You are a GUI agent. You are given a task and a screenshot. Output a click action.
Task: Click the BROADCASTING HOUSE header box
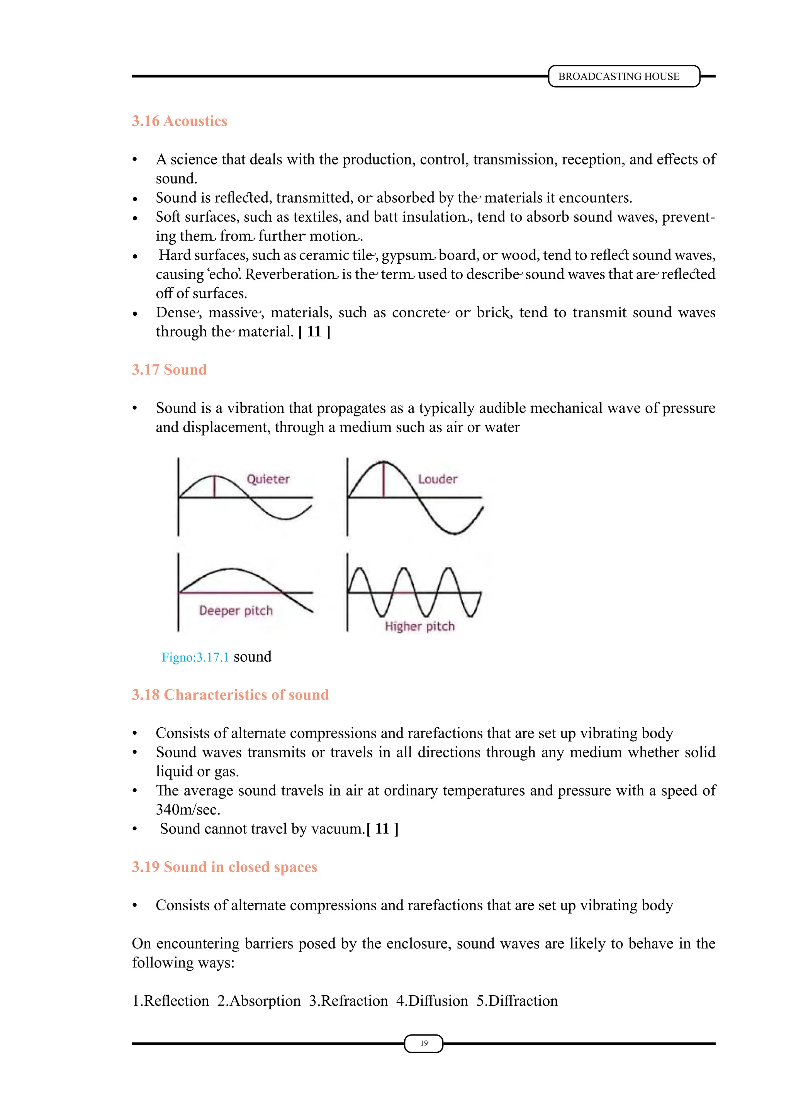[x=623, y=76]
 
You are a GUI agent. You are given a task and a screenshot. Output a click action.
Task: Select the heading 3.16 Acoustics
[x=179, y=121]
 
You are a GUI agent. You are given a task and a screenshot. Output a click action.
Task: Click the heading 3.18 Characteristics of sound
[x=230, y=695]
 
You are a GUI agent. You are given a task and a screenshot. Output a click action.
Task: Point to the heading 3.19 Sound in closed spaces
[x=224, y=867]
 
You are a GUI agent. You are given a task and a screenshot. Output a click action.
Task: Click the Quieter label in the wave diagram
[x=268, y=479]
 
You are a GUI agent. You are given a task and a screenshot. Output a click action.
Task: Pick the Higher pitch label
[x=419, y=626]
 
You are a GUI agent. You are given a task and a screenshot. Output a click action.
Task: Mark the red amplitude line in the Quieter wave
[x=214, y=486]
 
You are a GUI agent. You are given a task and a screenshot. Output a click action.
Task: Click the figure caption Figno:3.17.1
[x=195, y=657]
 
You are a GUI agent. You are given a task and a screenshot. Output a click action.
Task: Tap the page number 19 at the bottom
[x=424, y=1043]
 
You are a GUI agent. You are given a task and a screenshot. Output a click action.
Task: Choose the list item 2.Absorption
[x=259, y=1001]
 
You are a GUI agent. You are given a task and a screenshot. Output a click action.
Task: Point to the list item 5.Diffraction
[x=517, y=1001]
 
